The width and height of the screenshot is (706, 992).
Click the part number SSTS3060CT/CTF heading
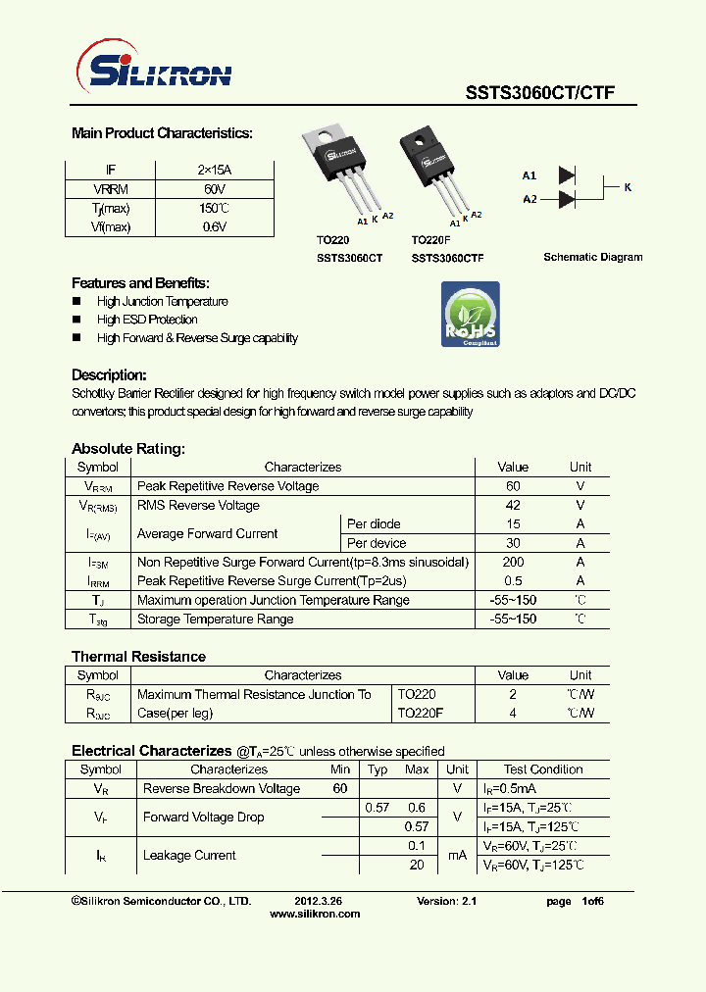click(x=539, y=93)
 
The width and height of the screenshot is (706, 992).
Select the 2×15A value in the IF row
click(x=215, y=170)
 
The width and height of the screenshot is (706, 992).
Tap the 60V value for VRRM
click(x=215, y=189)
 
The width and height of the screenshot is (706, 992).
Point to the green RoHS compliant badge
click(x=470, y=315)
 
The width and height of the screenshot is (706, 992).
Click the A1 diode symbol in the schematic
click(x=566, y=175)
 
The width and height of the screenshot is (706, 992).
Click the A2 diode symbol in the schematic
click(x=566, y=199)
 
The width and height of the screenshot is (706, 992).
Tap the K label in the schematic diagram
click(x=628, y=186)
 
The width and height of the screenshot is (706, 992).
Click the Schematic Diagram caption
click(x=593, y=257)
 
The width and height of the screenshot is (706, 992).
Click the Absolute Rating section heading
click(x=127, y=449)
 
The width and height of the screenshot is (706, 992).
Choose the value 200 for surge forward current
click(x=513, y=563)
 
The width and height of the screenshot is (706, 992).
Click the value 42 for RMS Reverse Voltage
click(x=513, y=506)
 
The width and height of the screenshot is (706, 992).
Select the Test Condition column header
click(x=543, y=769)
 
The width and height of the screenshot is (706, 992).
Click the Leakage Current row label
click(x=189, y=856)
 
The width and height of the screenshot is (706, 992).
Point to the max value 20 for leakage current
click(x=417, y=865)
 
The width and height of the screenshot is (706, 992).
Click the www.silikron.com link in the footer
click(x=314, y=914)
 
